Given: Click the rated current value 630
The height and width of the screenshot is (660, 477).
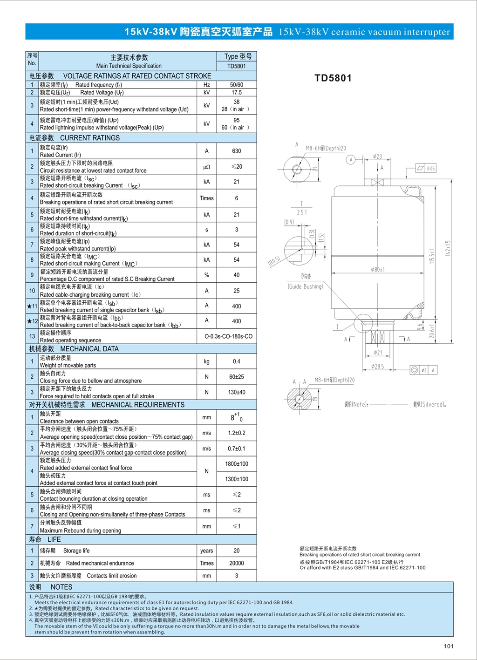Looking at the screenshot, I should pyautogui.click(x=236, y=151).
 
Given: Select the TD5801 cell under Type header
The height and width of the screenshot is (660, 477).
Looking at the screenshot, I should pyautogui.click(x=236, y=66).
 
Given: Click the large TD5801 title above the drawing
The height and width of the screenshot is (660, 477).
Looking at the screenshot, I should pyautogui.click(x=333, y=78).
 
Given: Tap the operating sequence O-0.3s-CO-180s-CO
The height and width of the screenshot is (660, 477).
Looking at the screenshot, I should pyautogui.click(x=228, y=336).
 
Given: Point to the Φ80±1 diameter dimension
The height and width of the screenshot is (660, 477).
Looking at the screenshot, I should pyautogui.click(x=378, y=270).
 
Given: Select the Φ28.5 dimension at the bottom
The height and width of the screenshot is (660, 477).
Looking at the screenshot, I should pyautogui.click(x=377, y=367).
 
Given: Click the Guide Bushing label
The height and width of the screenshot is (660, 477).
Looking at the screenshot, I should pyautogui.click(x=305, y=286).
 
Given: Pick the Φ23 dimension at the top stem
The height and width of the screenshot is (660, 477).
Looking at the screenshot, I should pyautogui.click(x=377, y=156).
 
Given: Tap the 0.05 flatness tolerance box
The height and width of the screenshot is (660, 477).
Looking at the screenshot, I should pyautogui.click(x=430, y=169).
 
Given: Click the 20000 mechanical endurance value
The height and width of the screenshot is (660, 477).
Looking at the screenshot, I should pyautogui.click(x=236, y=563).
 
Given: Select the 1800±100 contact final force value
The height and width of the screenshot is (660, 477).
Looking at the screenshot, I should pyautogui.click(x=236, y=464).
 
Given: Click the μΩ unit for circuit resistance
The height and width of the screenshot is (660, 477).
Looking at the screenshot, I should pyautogui.click(x=206, y=167).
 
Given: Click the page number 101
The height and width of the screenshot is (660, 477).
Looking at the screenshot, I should pyautogui.click(x=448, y=646).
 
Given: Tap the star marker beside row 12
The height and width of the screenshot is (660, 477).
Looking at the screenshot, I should pyautogui.click(x=29, y=321).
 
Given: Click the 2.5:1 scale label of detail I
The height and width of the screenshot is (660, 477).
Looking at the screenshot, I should pyautogui.click(x=301, y=212).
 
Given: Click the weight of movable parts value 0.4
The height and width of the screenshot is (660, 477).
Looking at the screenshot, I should pyautogui.click(x=236, y=361).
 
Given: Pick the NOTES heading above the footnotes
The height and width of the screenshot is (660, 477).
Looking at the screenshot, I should pyautogui.click(x=61, y=587).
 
